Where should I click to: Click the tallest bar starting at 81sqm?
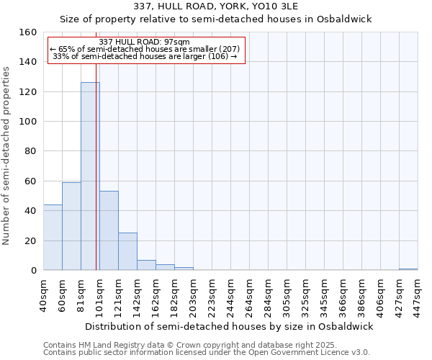[90, 176]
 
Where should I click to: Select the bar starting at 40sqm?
[53, 238]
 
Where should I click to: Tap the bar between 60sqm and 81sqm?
[71, 226]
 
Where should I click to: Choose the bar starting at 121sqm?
[127, 251]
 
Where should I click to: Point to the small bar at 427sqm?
[408, 269]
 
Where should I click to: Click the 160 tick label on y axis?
[28, 32]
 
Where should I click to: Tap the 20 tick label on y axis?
[31, 240]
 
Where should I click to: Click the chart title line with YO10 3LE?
[215, 6]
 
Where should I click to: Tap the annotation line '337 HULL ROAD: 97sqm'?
[144, 42]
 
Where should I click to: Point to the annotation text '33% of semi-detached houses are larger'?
[145, 57]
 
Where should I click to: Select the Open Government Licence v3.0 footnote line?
[207, 353]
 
